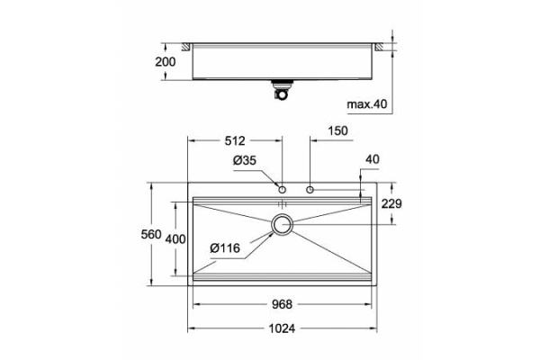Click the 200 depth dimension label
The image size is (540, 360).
165,62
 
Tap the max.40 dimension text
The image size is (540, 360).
367,103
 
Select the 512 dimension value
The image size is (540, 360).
235,140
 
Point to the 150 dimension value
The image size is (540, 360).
337,130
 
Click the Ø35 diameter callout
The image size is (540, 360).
245,160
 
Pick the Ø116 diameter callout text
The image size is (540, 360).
225,247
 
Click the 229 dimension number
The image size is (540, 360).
391,204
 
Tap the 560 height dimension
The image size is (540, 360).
151,234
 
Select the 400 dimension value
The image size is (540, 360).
175,239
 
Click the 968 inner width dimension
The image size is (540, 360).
282,304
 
